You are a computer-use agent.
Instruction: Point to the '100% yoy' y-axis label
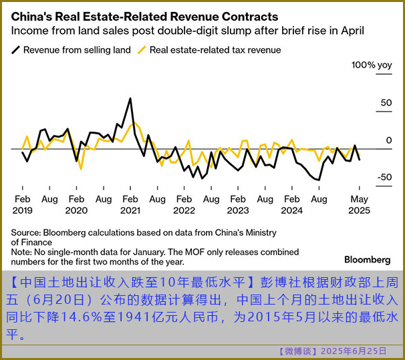click(x=372, y=65)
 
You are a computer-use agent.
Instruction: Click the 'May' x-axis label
click(x=360, y=199)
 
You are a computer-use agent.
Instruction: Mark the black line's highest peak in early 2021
click(x=130, y=99)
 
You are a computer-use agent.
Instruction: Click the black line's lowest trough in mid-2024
click(x=319, y=180)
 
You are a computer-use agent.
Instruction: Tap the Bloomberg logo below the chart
click(x=367, y=259)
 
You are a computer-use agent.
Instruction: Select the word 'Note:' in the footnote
click(x=22, y=252)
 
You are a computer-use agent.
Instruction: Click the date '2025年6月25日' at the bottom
click(x=354, y=351)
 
